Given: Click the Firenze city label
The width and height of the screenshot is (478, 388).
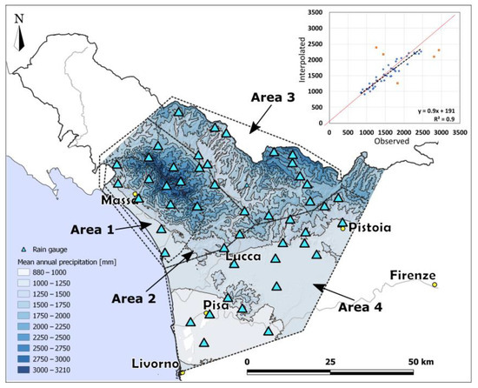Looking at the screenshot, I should click(x=413, y=276).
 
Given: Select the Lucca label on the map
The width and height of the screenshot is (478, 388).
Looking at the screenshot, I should click(x=244, y=258).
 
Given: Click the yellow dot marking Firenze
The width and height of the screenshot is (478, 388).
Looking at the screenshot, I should click(x=435, y=284).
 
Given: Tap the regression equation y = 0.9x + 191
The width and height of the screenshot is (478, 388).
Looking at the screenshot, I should click(x=427, y=103).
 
